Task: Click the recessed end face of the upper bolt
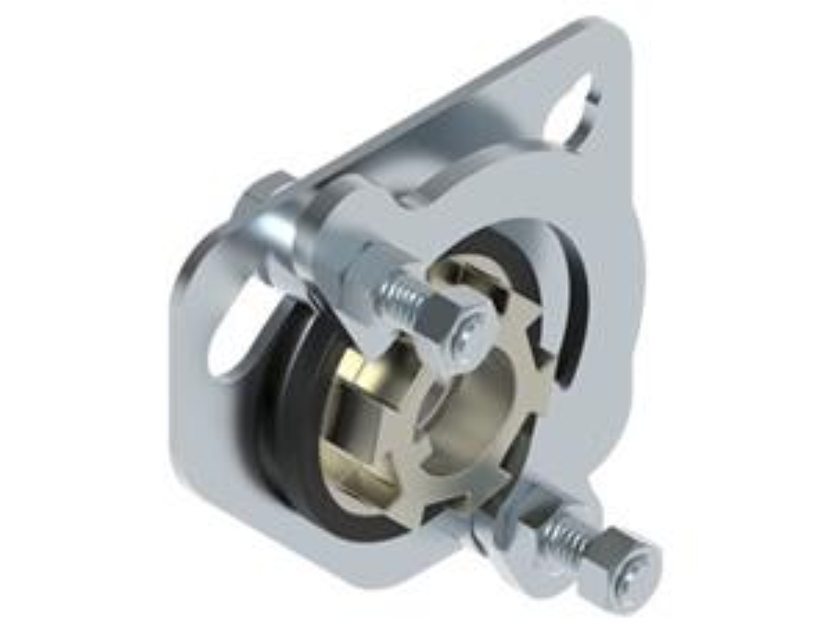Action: click(472, 326)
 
